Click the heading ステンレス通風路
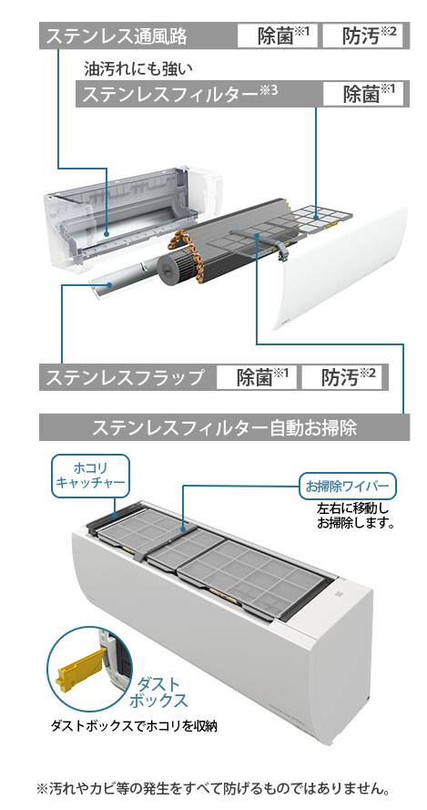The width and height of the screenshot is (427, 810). (117, 36)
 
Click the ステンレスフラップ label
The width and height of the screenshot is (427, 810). (125, 377)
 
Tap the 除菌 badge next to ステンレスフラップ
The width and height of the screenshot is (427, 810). (257, 377)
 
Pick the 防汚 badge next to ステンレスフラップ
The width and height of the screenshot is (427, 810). (341, 377)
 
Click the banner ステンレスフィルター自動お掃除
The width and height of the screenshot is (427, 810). (224, 427)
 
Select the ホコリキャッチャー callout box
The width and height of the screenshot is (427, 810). (90, 477)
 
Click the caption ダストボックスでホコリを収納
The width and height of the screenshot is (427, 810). (134, 726)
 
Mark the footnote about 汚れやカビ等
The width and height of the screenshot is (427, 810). (213, 789)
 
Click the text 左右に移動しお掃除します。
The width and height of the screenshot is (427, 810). (355, 515)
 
